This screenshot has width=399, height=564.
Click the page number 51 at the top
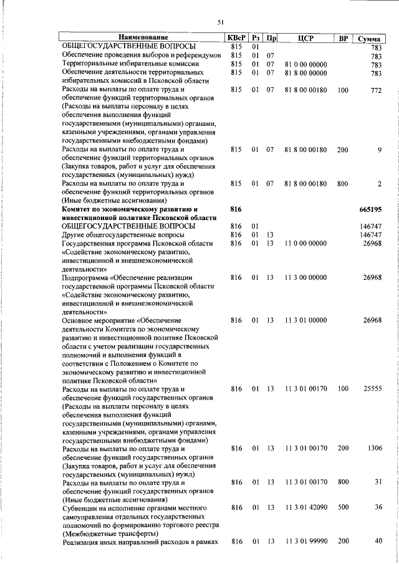220,22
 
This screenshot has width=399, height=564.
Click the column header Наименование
140,39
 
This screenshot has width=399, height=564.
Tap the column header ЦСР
305,39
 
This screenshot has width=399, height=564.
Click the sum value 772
375,90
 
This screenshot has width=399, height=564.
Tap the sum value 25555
372,389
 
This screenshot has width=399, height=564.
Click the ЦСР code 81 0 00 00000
305,64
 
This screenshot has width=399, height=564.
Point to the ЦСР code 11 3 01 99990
305,543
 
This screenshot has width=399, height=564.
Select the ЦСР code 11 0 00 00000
305,243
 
